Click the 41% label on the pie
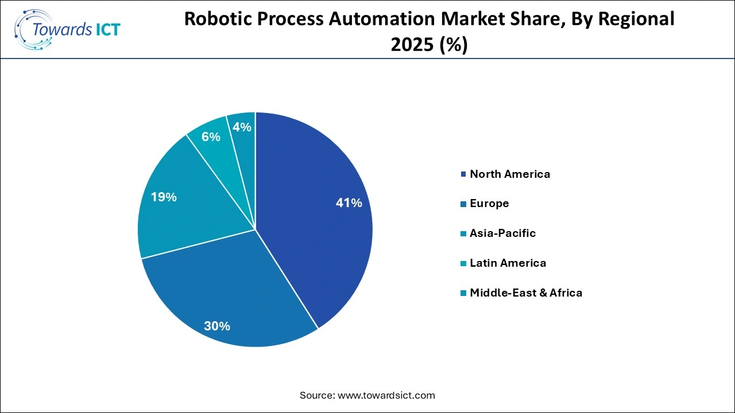click(349, 203)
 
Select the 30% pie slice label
click(217, 326)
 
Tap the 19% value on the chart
click(164, 197)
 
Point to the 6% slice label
click(211, 137)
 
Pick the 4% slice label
click(242, 127)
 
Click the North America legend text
click(509, 174)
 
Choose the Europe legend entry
click(489, 204)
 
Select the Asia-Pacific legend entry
click(502, 233)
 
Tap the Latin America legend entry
click(508, 263)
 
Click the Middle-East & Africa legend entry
click(525, 293)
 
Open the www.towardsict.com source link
click(387, 395)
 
